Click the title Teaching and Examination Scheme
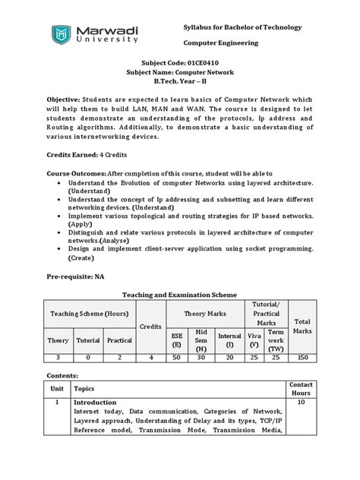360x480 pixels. coord(180,295)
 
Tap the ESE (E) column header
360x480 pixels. coord(176,338)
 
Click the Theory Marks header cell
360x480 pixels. coord(201,313)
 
